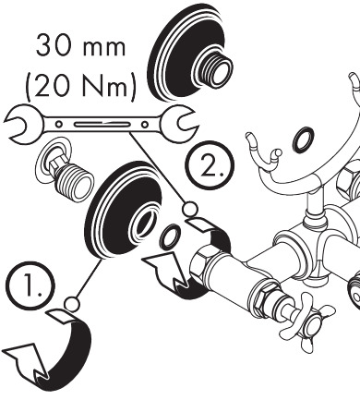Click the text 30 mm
80,46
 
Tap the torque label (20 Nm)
80,85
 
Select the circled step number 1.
30,285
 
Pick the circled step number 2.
210,165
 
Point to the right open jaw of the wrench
179,124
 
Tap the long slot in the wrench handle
102,125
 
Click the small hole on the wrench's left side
58,125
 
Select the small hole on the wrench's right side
145,125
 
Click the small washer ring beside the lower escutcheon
169,236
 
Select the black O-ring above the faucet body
304,139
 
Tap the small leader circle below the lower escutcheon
72,304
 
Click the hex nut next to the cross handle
265,297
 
